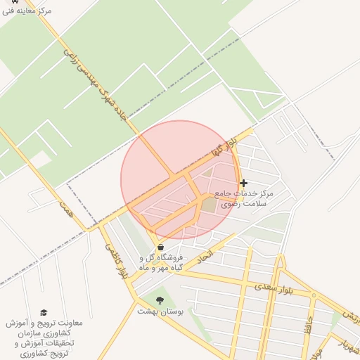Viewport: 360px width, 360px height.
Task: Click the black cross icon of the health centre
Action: [x=244, y=183]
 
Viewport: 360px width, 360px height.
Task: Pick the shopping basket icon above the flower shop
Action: [x=162, y=247]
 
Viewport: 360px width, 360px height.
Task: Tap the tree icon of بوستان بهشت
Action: [x=160, y=300]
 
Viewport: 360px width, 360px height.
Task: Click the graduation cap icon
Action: [x=43, y=312]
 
